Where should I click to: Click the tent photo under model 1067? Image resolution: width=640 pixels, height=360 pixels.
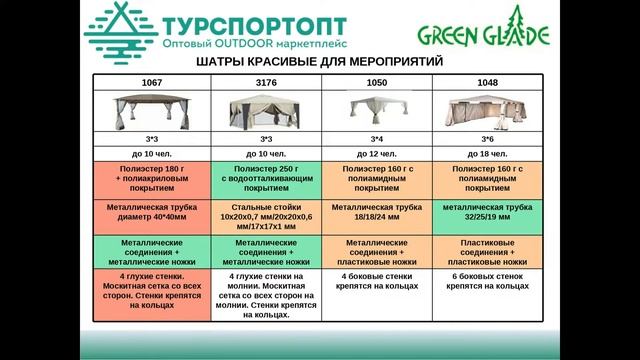click(152, 109)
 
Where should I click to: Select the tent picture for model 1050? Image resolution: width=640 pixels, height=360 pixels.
click(378, 109)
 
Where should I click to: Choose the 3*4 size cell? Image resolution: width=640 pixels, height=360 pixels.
click(378, 137)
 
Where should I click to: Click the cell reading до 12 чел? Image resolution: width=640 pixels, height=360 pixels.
click(378, 153)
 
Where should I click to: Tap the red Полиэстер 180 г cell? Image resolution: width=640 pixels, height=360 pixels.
click(152, 177)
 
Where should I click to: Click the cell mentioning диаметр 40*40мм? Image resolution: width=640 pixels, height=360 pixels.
click(152, 212)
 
